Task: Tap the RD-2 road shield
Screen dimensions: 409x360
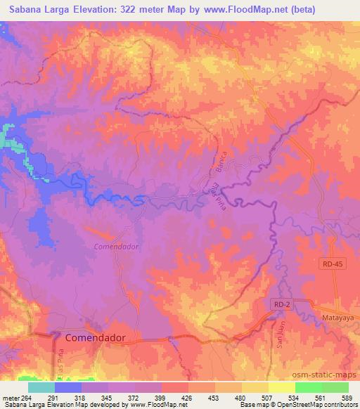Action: click(x=281, y=302)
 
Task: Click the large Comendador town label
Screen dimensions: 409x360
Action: click(x=95, y=338)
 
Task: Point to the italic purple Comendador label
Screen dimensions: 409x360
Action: click(x=117, y=247)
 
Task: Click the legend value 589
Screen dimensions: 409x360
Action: click(x=346, y=397)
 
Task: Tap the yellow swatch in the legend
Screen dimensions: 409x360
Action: click(x=281, y=387)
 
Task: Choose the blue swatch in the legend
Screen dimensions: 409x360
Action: click(x=67, y=387)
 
